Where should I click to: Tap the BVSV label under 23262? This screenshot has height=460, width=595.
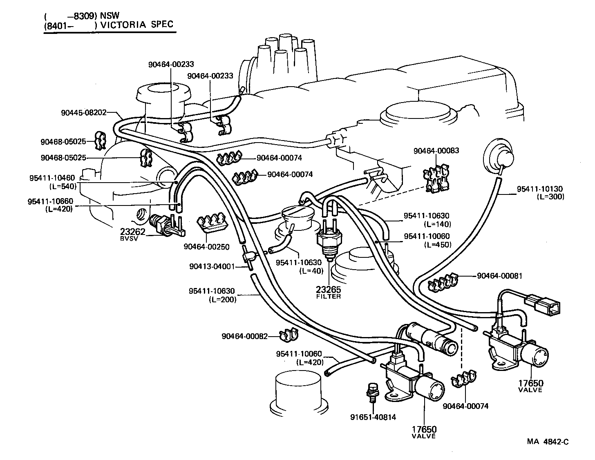pos(129,239)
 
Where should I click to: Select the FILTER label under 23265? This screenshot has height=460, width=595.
pos(329,296)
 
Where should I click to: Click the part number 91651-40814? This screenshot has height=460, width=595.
pos(373,417)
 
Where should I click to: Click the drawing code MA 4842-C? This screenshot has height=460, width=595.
pos(548,442)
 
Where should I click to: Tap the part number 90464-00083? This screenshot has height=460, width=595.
pos(436,150)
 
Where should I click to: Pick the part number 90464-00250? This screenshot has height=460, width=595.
pos(207,247)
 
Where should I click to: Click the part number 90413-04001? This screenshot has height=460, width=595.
pos(212,267)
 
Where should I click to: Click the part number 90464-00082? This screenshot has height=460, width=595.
pos(245,336)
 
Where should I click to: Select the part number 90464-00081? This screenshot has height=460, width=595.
pos(500,276)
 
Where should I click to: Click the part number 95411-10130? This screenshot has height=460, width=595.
pos(540,189)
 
